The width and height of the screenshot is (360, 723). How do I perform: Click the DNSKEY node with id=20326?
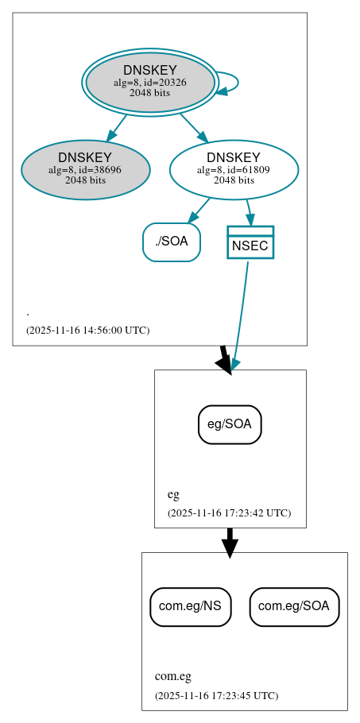point(150,82)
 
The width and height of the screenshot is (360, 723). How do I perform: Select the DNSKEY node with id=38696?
point(86,170)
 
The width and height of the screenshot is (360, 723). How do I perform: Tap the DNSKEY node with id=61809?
point(234,170)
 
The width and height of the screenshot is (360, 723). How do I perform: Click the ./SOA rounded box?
point(172,242)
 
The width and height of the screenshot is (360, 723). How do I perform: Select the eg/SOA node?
point(230,424)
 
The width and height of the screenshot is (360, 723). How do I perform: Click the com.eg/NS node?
point(191,607)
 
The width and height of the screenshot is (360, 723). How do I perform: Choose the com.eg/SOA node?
point(294,607)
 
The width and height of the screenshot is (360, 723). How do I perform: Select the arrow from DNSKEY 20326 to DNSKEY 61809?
point(193,127)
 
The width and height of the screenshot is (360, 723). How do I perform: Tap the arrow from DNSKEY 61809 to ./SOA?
point(199,211)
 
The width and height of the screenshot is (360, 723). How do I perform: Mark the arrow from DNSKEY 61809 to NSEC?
point(249,212)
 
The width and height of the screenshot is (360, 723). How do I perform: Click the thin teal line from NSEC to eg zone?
point(241,310)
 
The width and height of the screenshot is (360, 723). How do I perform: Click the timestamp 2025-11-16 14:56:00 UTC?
point(87,331)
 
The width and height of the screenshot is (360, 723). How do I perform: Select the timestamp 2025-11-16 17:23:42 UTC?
point(229,513)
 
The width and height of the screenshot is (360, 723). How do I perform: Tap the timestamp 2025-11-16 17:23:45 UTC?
point(216,696)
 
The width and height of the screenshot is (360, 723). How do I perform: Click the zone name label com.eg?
point(172,677)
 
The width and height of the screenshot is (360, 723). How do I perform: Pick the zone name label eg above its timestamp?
point(172,494)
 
